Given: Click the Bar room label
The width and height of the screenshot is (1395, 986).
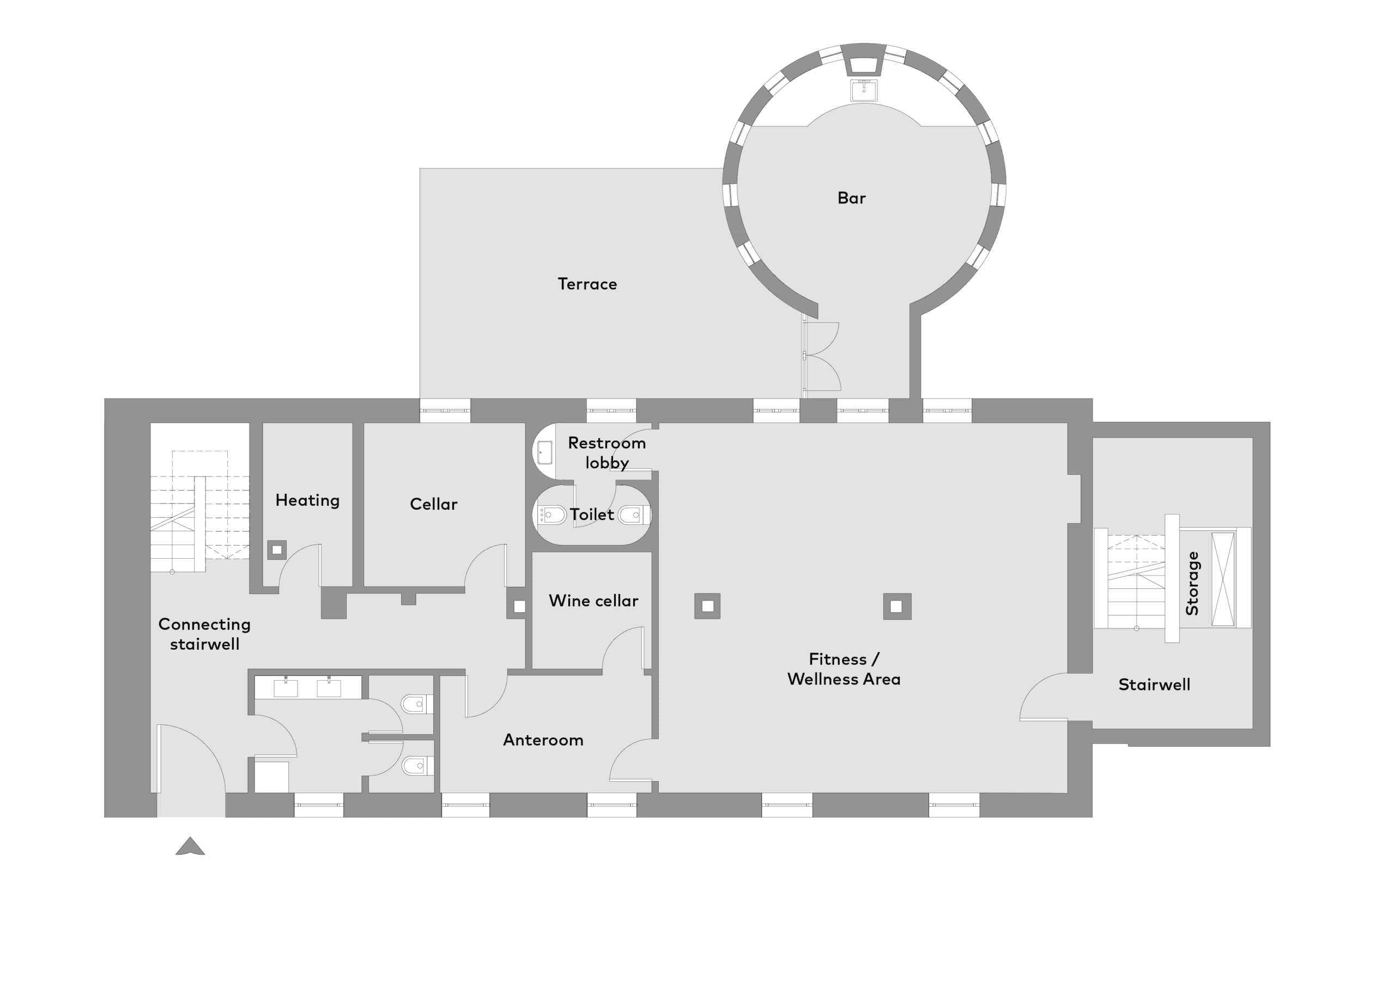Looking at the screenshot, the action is coord(851,198).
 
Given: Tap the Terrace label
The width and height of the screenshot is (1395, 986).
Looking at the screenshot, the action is coord(587,284).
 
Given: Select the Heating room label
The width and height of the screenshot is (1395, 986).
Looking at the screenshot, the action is coord(307,500).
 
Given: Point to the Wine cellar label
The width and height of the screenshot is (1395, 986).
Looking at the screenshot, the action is coord(593,601).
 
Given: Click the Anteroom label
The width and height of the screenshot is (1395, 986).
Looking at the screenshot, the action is coord(543,740).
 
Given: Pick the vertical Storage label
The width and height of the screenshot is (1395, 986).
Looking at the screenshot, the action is coord(1192,583).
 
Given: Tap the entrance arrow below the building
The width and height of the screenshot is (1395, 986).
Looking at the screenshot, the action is coord(190,845).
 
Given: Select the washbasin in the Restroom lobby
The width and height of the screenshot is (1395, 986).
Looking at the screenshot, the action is coord(544,452).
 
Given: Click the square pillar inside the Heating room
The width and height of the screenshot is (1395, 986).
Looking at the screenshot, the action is coord(277,550).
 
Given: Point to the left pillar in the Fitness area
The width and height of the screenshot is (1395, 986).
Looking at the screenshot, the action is coord(707,606).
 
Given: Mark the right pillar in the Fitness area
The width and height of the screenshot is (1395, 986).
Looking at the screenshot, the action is coord(897,606).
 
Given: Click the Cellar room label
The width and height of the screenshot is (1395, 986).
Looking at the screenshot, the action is coord(433,504).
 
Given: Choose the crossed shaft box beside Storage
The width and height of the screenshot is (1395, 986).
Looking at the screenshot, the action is coord(1223,579).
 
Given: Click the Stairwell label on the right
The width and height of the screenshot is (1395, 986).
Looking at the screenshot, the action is coord(1154,685).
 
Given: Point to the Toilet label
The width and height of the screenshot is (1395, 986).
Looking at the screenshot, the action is coord(592,515).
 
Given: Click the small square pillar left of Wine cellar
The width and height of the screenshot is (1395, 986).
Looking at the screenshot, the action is coord(519,606).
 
